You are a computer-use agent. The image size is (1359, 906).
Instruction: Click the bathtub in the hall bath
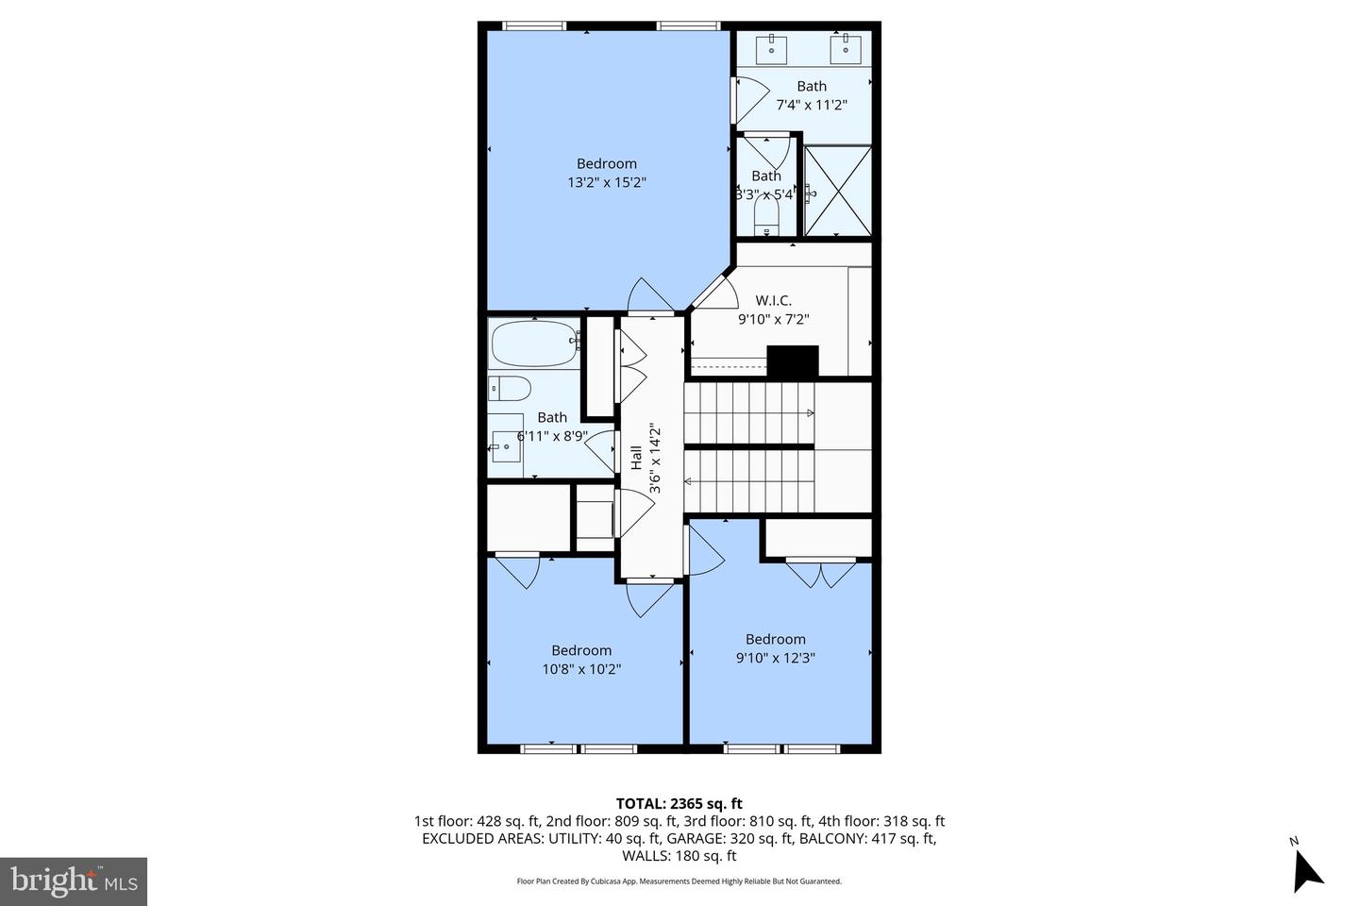(x=534, y=344)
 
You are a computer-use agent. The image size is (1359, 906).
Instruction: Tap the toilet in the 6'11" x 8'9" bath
(x=510, y=388)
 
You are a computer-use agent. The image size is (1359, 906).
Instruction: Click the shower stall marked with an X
(x=837, y=192)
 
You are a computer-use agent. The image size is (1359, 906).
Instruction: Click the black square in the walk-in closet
(x=792, y=362)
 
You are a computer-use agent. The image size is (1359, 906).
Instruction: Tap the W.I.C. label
(x=773, y=300)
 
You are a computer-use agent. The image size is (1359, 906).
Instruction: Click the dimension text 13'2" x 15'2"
(x=607, y=182)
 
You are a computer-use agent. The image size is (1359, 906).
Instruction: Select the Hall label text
(x=636, y=459)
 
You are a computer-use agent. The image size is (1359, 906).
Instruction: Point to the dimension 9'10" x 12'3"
(x=775, y=658)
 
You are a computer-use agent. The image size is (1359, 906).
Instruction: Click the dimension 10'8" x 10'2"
(x=581, y=669)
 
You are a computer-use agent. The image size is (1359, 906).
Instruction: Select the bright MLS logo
(x=74, y=881)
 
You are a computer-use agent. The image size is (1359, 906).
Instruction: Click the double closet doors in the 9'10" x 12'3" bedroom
(x=820, y=574)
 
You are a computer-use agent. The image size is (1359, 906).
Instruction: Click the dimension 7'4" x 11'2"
(x=811, y=105)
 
